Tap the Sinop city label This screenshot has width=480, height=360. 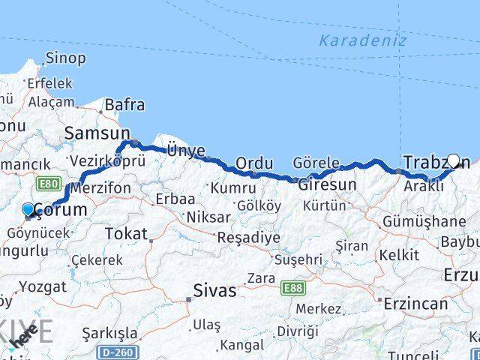click(x=65, y=58)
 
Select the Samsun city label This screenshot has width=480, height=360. click(x=97, y=133)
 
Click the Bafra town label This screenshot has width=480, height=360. click(x=124, y=106)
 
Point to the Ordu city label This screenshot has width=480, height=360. click(x=253, y=163)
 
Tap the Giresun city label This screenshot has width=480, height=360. click(x=328, y=184)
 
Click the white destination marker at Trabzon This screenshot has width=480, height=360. click(x=453, y=160)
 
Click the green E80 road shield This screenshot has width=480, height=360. click(x=47, y=182)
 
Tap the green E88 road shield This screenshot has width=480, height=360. click(x=293, y=287)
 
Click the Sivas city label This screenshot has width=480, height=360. click(x=214, y=290)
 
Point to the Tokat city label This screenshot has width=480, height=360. click(x=126, y=234)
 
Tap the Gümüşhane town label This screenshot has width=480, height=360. click(x=424, y=221)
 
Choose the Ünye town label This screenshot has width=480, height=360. click(x=185, y=151)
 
